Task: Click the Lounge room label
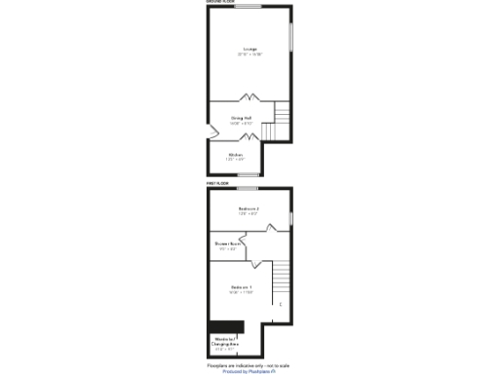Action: point(249,50)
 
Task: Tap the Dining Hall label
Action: point(241,121)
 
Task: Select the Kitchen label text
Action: point(236,156)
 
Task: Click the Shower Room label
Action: point(226,245)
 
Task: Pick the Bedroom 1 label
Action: point(242,289)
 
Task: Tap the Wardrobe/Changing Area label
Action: point(226,342)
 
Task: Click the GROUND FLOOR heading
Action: point(220,3)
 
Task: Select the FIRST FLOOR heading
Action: point(216,183)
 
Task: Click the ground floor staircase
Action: point(283,122)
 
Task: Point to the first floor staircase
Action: point(282,277)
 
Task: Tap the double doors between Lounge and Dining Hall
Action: point(250,97)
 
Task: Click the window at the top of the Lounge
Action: point(248,7)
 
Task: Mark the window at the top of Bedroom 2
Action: point(249,187)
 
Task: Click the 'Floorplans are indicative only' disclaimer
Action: point(249,365)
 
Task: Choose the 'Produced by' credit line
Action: point(249,371)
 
